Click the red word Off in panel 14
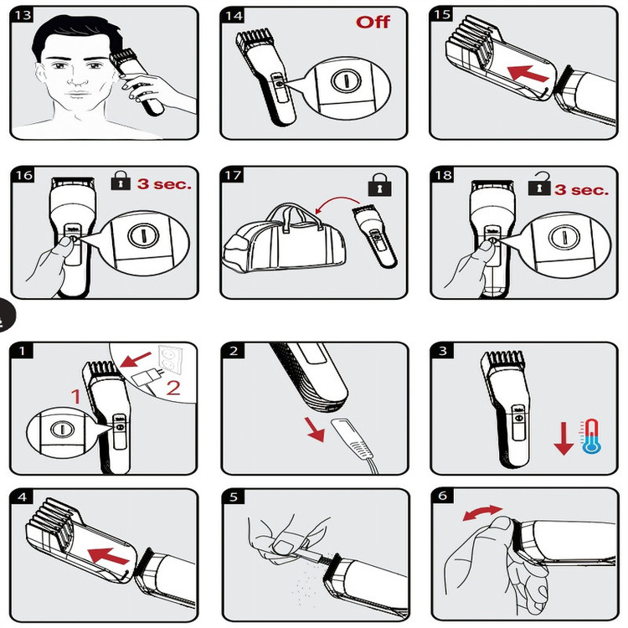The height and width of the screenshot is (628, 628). tap(373, 22)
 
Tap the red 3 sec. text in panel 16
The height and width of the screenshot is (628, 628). tap(164, 184)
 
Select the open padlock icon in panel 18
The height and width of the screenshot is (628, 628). tap(539, 184)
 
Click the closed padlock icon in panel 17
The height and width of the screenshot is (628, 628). tap(379, 185)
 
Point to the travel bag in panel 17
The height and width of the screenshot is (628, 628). tap(284, 239)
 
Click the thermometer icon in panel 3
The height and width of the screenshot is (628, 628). tap(591, 436)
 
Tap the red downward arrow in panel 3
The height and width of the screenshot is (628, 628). tap(564, 438)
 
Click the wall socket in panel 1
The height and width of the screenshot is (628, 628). tap(170, 358)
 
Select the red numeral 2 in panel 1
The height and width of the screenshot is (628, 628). tap(172, 388)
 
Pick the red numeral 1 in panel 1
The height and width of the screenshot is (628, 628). tap(76, 397)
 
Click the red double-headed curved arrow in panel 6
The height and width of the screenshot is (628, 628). tap(482, 512)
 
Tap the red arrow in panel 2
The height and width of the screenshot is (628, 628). tap(315, 430)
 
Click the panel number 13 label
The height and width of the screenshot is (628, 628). tap(23, 15)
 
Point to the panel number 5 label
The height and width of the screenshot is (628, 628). tap(234, 497)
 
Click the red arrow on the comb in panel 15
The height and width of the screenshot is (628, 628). tap(528, 74)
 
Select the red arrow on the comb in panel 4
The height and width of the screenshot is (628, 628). tap(109, 556)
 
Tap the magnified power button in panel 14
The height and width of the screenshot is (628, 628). tap(346, 80)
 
